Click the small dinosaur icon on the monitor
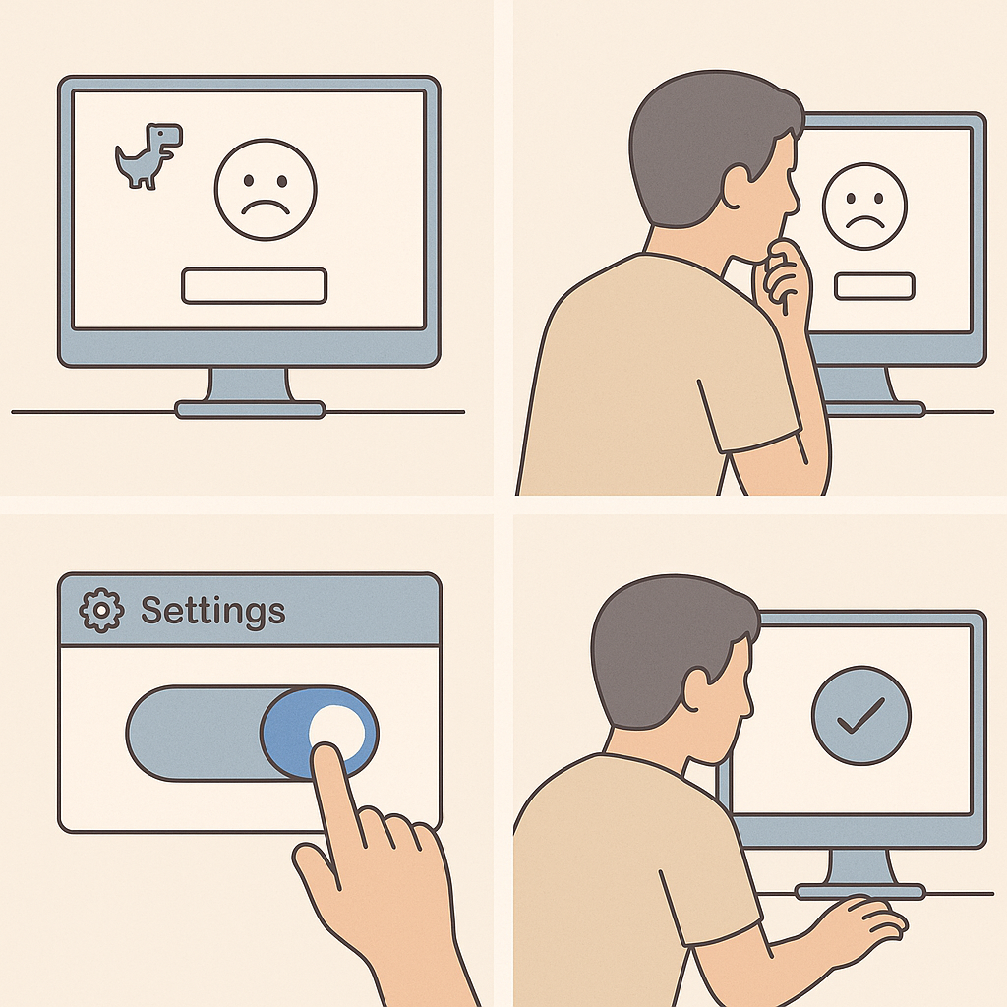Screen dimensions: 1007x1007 pos(148,156)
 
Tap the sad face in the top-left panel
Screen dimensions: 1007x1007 pos(266,190)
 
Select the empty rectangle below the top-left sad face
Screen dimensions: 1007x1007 pos(255,286)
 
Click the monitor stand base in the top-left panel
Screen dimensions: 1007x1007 pos(250,409)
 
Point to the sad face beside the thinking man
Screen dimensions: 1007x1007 pos(864,207)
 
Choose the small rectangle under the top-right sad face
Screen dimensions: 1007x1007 pos(874,286)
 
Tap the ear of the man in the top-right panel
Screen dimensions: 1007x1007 pos(737,185)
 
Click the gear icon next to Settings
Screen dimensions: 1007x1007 pos(101,610)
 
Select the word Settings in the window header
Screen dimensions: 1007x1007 pos(212,610)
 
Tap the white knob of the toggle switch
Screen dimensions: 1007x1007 pos(336,731)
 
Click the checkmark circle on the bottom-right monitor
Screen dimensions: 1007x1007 pos(860,716)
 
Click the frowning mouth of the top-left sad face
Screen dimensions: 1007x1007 pos(266,207)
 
